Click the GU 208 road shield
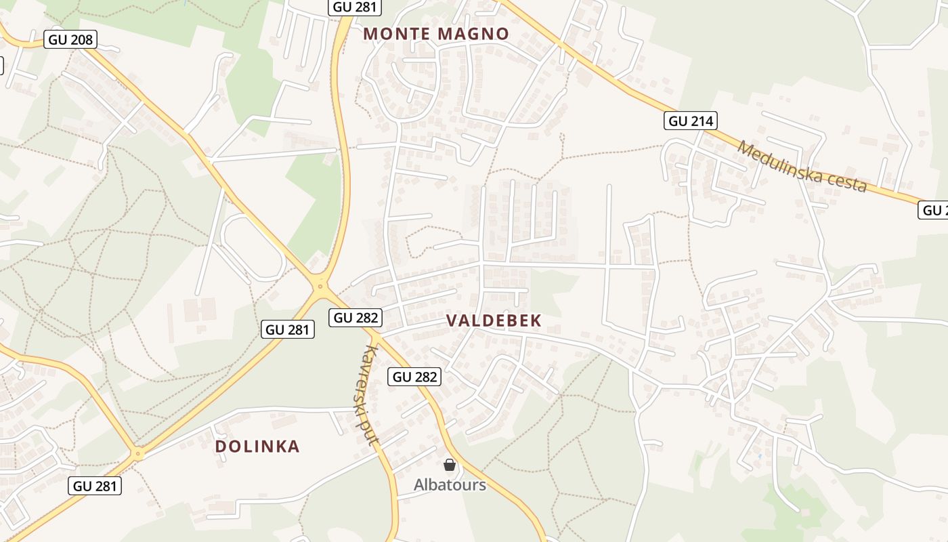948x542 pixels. (70, 39)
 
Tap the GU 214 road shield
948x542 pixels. (690, 121)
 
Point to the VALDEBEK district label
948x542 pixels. (494, 321)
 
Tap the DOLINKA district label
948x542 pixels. (257, 446)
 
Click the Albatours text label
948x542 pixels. (450, 485)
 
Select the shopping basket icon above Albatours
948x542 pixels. (450, 465)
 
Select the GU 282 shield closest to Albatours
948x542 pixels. (414, 377)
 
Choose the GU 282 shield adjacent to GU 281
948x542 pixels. (355, 317)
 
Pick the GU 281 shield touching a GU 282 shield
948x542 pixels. (288, 330)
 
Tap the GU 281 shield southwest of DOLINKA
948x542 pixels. (95, 486)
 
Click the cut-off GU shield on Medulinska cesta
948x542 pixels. (935, 210)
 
